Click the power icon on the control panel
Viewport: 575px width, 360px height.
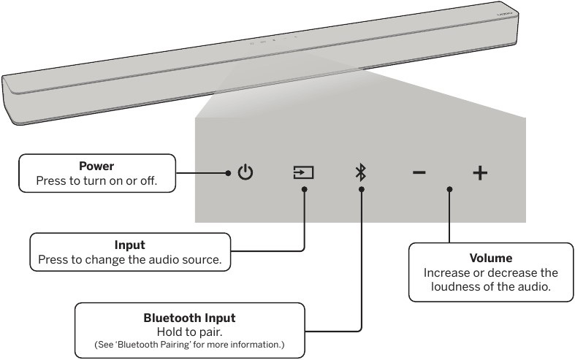click(x=246, y=173)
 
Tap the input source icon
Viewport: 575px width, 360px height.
click(x=303, y=173)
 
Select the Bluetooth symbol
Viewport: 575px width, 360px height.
click(x=360, y=173)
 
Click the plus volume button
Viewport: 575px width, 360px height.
click(x=479, y=173)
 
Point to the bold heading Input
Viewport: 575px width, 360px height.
click(x=130, y=245)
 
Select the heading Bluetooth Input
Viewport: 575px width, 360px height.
click(x=190, y=318)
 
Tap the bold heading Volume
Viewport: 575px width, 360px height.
click(x=490, y=258)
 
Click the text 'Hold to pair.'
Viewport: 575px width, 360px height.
click(x=190, y=331)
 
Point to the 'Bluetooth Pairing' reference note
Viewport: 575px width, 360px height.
click(x=190, y=344)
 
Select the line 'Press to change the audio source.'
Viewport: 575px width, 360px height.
click(x=130, y=258)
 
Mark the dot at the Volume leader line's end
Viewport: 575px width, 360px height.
click(x=449, y=189)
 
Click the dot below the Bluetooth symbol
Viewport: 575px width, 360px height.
click(x=361, y=189)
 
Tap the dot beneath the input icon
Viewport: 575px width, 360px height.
click(x=304, y=189)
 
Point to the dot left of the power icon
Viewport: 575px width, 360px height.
click(x=228, y=173)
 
